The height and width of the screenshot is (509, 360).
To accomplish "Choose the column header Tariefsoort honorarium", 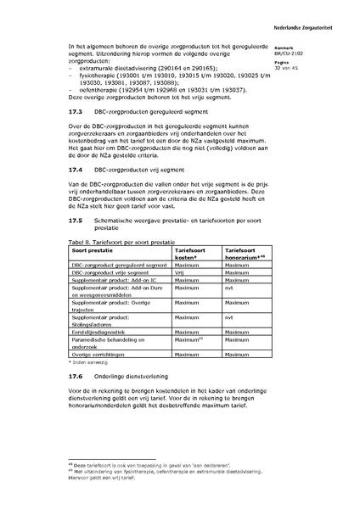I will pos(245,254).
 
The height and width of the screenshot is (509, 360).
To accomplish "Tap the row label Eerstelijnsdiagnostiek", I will pos(108,332).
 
